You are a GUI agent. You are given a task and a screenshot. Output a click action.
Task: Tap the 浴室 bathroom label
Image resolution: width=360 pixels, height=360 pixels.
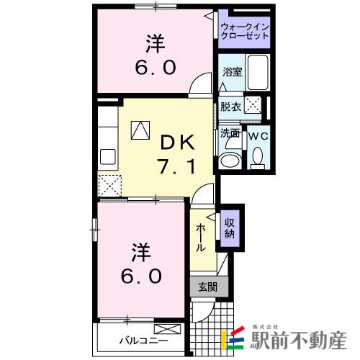point(232,72)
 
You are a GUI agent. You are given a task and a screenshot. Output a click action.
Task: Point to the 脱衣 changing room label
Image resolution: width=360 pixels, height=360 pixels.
point(230,107)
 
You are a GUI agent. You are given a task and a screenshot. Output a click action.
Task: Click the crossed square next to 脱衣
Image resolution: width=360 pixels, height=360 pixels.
point(253,106)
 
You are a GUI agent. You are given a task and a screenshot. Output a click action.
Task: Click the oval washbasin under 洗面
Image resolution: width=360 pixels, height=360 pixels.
point(231,160)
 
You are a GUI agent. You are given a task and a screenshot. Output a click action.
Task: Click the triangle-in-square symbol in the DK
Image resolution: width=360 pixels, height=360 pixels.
point(140,130)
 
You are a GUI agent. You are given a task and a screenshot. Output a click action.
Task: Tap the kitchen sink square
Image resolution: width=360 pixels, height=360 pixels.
point(109,156)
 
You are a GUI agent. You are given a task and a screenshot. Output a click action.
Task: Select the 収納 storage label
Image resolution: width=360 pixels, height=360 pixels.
point(230,228)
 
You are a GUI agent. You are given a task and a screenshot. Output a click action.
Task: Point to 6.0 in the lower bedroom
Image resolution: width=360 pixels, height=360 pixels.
point(141,276)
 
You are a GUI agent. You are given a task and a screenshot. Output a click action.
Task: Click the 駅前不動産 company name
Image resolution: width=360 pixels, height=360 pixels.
point(299,338)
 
